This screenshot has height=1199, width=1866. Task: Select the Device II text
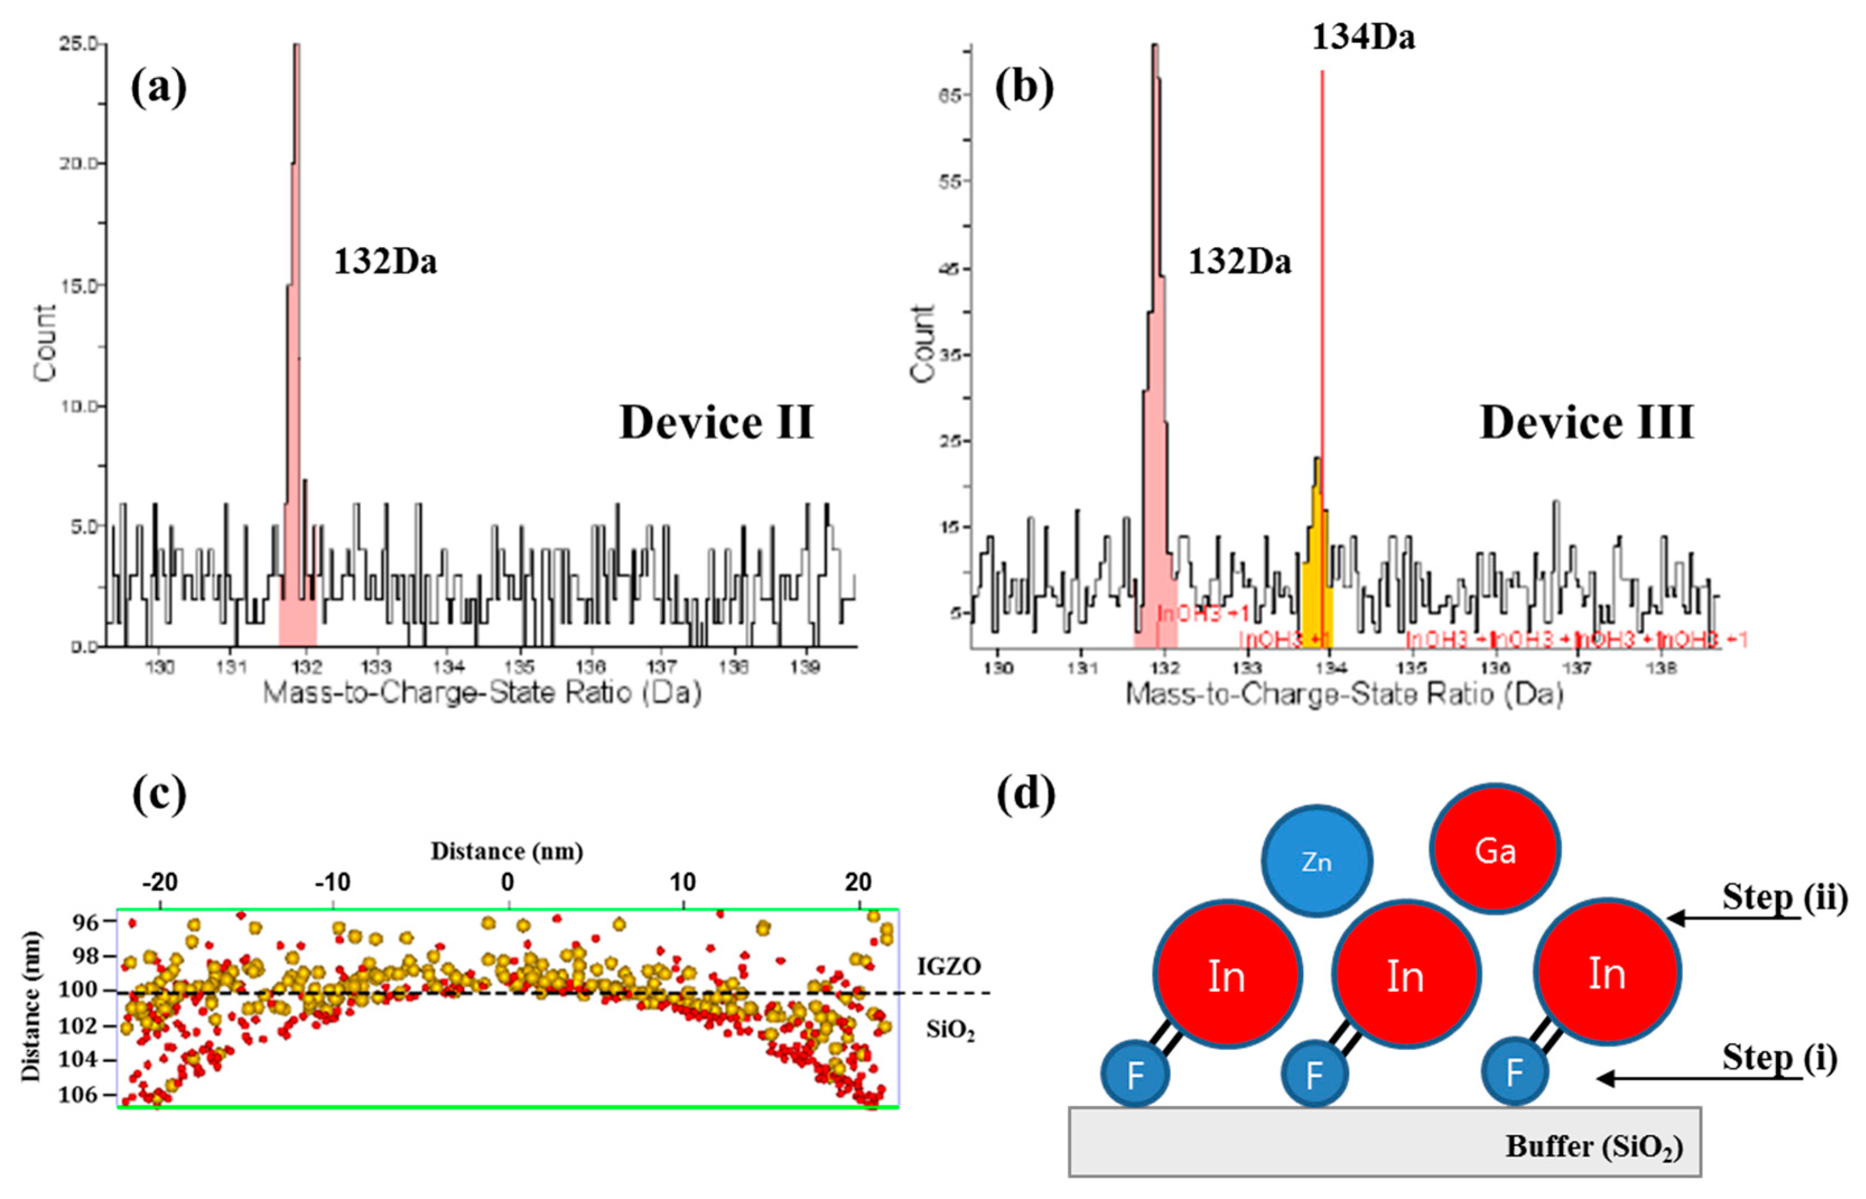pos(716,423)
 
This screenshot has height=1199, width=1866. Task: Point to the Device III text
pos(1586,423)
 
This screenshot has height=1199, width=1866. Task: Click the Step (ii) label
pos(1784,897)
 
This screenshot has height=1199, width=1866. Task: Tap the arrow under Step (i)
pos(1698,1079)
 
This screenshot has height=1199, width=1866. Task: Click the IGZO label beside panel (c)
pos(948,966)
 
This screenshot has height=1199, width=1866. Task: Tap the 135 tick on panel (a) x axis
pos(519,667)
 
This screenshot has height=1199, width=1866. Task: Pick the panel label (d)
pos(1026,795)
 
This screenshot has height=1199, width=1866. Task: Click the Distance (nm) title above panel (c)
pos(507,851)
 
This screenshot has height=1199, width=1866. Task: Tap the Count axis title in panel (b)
pos(923,343)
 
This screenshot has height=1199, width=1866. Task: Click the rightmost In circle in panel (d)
pos(1607,973)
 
